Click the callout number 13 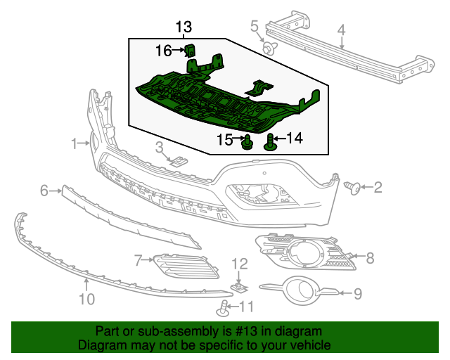184,27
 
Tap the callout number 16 163,51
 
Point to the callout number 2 378,187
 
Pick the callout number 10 86,300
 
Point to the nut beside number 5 269,48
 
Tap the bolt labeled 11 224,307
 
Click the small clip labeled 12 240,287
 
